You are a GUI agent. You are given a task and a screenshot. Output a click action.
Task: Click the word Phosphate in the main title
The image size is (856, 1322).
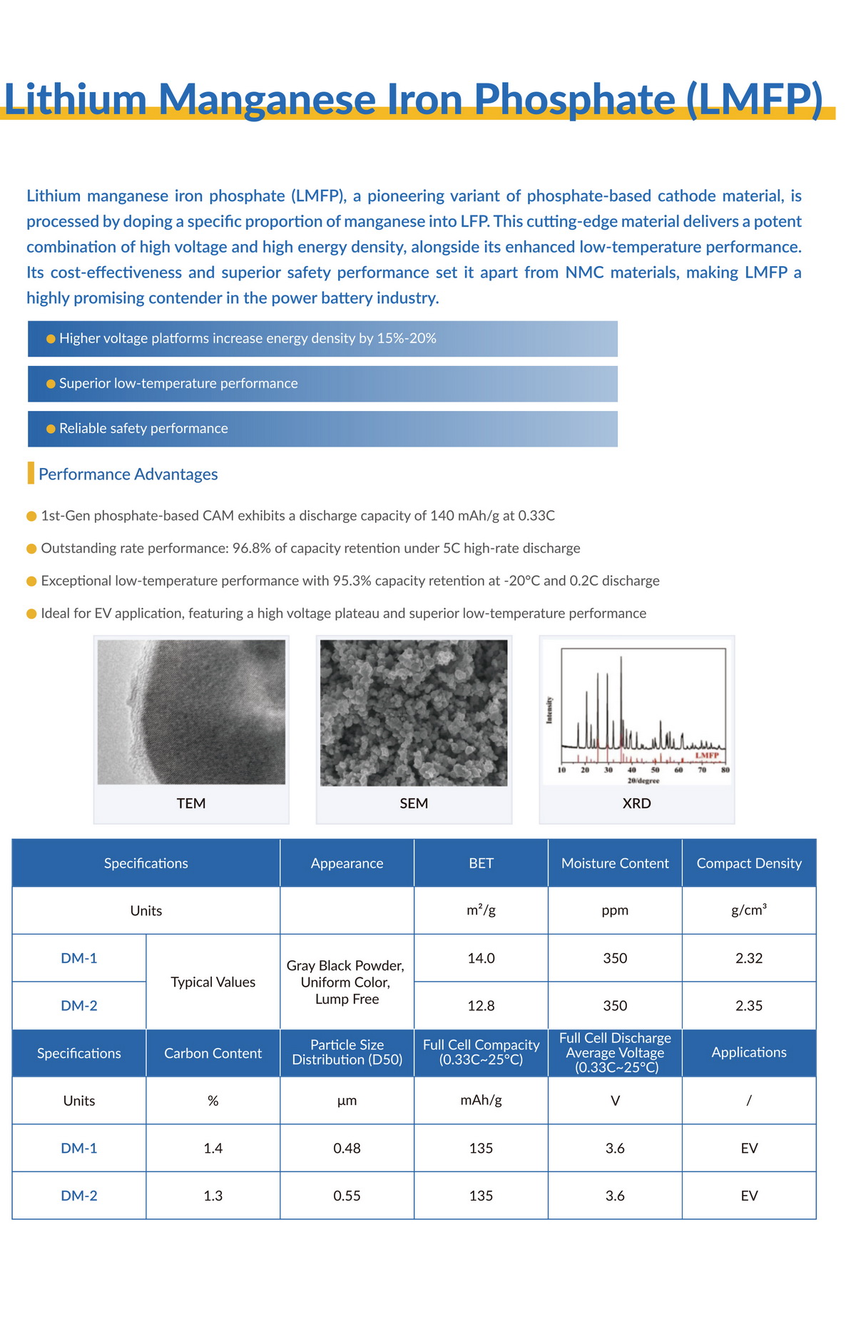[x=574, y=99]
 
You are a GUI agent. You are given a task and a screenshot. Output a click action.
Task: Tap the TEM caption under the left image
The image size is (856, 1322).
[x=191, y=803]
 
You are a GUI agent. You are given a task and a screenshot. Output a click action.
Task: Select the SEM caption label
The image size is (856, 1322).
[x=414, y=803]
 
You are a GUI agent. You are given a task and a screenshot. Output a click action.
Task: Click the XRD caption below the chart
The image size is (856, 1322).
[x=636, y=803]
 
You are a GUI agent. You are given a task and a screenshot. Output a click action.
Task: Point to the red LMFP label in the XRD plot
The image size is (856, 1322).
[x=707, y=755]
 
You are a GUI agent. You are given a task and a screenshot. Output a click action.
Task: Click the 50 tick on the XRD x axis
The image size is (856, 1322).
[x=655, y=771]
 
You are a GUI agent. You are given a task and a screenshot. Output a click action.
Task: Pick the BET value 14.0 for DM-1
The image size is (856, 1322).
[x=481, y=958]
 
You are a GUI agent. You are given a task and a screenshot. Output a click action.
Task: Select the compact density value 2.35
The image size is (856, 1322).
[x=749, y=1006]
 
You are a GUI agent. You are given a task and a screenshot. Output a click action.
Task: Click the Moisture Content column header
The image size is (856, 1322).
[x=615, y=863]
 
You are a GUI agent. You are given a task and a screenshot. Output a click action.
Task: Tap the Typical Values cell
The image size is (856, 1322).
[x=213, y=982]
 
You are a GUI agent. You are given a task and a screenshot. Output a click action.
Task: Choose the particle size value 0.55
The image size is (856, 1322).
[x=347, y=1196]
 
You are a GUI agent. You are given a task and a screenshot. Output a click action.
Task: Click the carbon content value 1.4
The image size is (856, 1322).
[x=213, y=1148]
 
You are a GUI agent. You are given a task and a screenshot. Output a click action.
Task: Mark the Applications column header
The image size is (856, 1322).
[x=749, y=1052]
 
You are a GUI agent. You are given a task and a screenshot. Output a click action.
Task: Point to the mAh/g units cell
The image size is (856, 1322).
[x=481, y=1100]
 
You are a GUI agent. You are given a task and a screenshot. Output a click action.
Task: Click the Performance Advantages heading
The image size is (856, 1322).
[x=128, y=474]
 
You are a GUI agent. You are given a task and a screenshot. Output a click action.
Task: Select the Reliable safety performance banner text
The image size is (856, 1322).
[x=143, y=428]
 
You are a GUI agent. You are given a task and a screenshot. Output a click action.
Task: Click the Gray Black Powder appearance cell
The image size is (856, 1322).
[x=346, y=982]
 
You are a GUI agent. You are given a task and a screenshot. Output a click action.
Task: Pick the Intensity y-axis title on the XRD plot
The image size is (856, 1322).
[x=549, y=710]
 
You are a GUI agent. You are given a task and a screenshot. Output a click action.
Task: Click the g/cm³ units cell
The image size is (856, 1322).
[x=749, y=910]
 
